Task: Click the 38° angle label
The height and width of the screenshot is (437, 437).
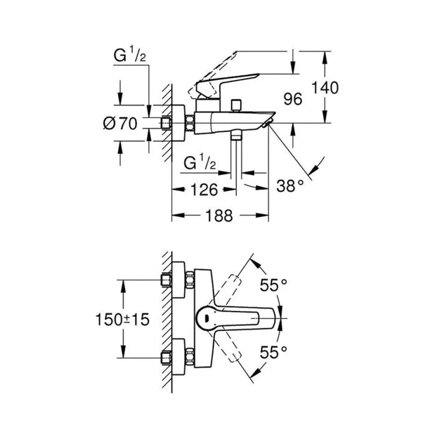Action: click(291, 185)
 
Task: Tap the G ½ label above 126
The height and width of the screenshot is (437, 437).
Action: click(200, 164)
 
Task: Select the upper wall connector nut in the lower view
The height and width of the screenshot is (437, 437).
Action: click(168, 280)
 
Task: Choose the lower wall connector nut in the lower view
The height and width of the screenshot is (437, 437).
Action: click(168, 360)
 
